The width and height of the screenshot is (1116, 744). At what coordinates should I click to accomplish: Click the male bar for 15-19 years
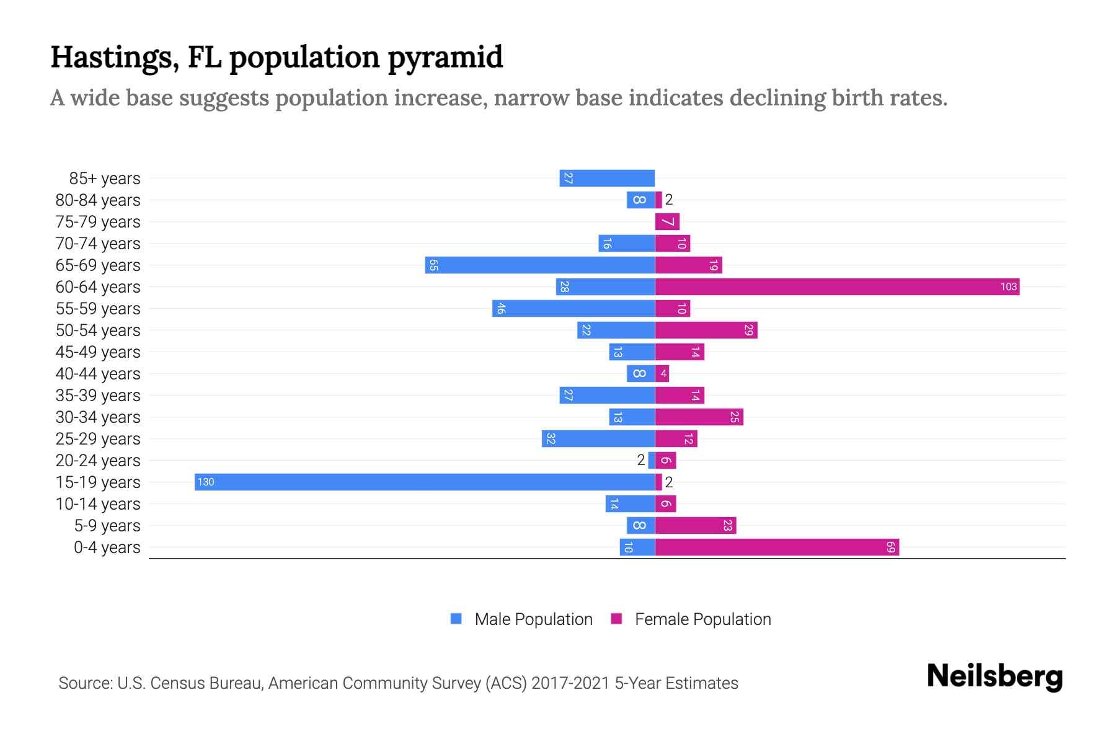coord(425,482)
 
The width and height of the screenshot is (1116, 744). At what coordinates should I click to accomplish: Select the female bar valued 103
coord(837,286)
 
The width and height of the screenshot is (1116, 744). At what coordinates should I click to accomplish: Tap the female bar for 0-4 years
coord(777,547)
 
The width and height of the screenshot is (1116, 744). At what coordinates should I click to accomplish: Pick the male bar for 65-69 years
coord(540,265)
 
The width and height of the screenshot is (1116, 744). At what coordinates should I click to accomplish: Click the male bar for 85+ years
coord(607,178)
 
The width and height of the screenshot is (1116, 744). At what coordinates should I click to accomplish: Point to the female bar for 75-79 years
coord(667,221)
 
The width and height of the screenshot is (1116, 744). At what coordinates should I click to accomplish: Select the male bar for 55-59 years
coord(573,308)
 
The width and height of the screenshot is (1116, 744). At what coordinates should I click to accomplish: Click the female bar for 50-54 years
coord(706,330)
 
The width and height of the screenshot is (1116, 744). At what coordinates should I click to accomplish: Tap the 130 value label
coord(206,482)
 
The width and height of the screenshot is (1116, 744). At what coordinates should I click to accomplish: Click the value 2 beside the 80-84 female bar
coord(669,200)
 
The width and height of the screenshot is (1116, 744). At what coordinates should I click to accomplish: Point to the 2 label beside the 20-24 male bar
coord(641,460)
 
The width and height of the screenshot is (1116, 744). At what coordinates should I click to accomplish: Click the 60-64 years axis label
coord(98,287)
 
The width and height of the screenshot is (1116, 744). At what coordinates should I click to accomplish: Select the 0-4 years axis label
coord(107,547)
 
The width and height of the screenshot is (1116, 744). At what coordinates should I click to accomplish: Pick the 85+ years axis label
coord(105,179)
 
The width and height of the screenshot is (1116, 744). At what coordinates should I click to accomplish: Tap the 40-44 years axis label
coord(98,374)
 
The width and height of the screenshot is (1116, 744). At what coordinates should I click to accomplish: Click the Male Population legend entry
coord(533,619)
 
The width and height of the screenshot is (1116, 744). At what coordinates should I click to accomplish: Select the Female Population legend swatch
coord(616,619)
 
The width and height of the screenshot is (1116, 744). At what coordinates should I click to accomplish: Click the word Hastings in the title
coord(115,58)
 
